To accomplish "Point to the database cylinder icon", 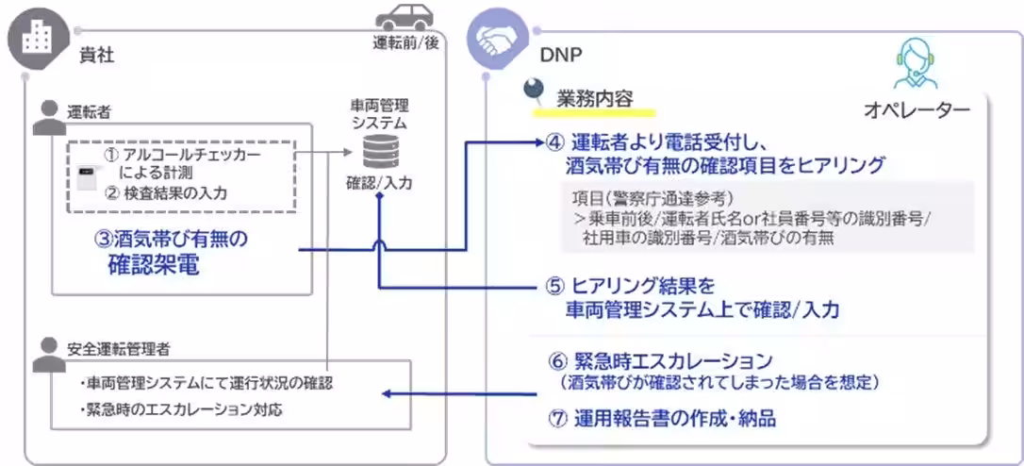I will pyautogui.click(x=376, y=151).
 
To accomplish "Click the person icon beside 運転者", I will pyautogui.click(x=44, y=114).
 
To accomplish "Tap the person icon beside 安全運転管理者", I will pyautogui.click(x=44, y=349).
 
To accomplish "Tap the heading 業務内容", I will pyautogui.click(x=594, y=97).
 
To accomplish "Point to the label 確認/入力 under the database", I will pyautogui.click(x=378, y=184).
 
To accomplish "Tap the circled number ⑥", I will pyautogui.click(x=557, y=361).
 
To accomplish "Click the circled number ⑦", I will pyautogui.click(x=557, y=417).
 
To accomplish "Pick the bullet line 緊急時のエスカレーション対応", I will pyautogui.click(x=184, y=409).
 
